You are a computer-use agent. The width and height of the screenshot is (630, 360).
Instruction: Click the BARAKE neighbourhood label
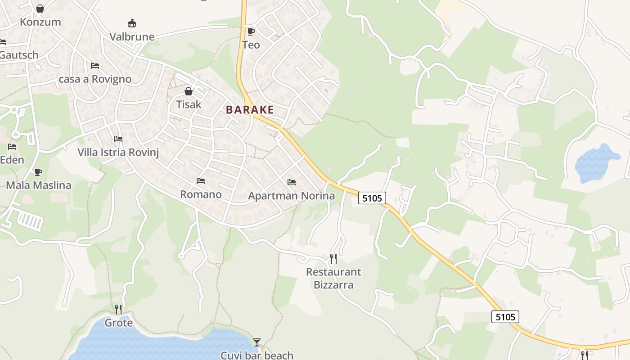coord(250,110)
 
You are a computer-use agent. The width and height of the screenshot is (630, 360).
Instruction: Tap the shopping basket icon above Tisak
coord(189,91)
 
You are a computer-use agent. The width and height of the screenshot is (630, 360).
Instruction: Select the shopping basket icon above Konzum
coord(40,9)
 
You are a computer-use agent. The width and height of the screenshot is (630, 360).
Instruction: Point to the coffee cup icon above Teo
coord(251,31)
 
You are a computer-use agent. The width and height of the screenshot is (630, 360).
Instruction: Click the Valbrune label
coord(132,37)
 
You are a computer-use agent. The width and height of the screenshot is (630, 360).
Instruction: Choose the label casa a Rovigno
coord(95,79)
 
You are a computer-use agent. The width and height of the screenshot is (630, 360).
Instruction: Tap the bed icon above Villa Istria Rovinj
coord(118,139)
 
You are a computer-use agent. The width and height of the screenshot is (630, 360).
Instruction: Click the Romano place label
coord(201,194)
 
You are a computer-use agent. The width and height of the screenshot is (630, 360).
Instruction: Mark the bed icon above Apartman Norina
coord(292,182)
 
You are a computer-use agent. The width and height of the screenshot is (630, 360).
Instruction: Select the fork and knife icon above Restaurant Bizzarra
coord(333,259)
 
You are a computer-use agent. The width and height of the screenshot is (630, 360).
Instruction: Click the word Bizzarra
coord(333,285)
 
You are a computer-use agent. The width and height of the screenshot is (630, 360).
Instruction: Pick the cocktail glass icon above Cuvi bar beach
coord(257,342)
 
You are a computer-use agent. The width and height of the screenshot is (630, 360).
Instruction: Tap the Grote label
coord(119,323)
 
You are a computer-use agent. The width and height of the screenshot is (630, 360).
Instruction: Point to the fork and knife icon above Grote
coord(118,310)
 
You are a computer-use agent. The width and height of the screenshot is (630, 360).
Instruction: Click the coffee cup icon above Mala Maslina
coord(38,172)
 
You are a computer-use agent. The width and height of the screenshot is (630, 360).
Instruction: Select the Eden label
coord(12,160)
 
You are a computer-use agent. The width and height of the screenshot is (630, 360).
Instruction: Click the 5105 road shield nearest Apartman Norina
coord(372,198)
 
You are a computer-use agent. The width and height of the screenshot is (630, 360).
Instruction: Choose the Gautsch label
coord(19,55)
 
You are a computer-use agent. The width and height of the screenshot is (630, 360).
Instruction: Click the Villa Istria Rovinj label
coord(118,152)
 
